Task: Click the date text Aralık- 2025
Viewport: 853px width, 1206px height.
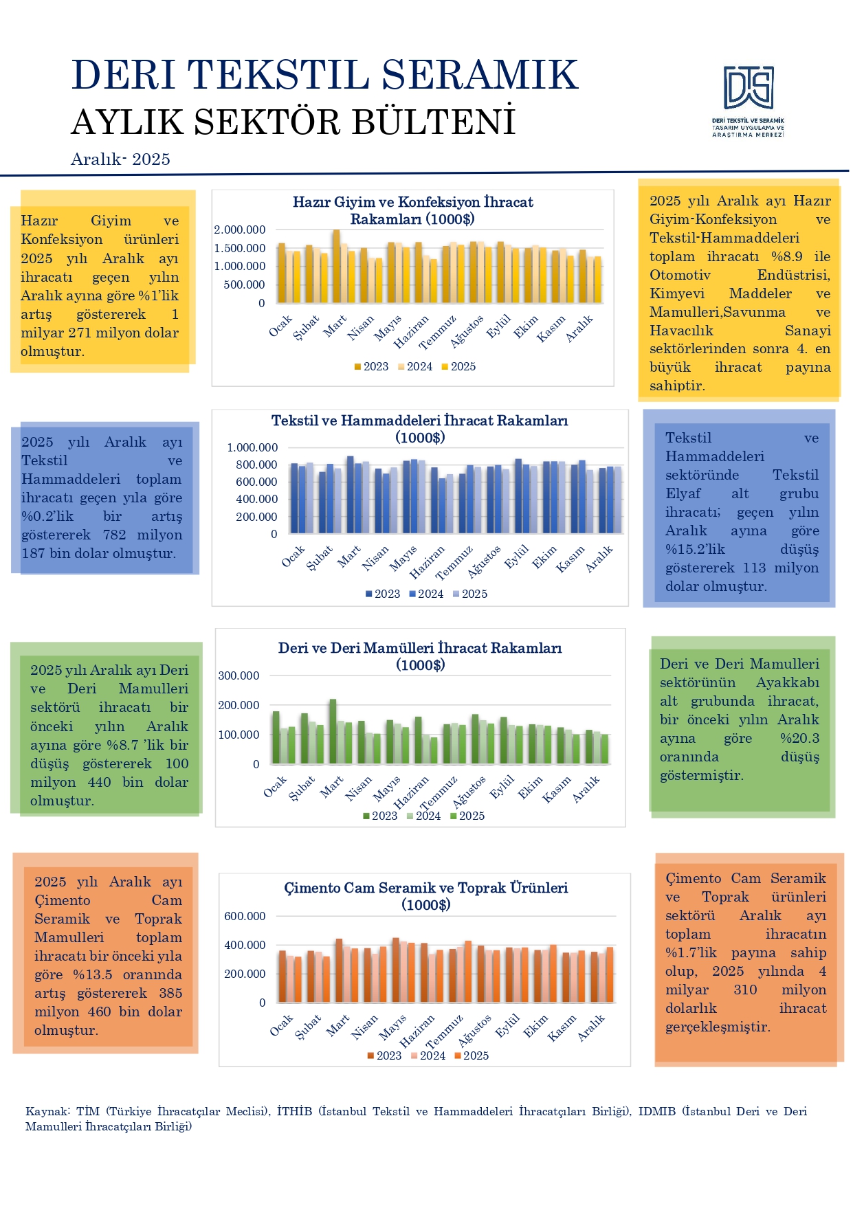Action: tap(120, 159)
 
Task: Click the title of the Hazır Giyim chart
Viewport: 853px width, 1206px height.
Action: tap(412, 210)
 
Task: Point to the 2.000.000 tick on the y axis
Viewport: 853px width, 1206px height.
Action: tap(239, 230)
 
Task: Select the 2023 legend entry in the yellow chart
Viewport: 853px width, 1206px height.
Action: tap(371, 367)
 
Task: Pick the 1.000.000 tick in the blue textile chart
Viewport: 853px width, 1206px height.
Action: tap(252, 447)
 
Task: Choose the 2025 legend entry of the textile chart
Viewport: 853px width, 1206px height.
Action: tap(470, 594)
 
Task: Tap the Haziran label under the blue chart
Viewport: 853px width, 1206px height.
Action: tap(428, 561)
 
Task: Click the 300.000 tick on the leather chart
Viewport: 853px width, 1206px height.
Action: tap(239, 675)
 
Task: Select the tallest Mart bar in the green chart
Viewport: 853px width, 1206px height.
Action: tap(333, 731)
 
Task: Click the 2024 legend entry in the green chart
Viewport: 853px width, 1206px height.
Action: tap(423, 816)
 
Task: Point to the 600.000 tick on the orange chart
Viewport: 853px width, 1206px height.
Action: tap(245, 916)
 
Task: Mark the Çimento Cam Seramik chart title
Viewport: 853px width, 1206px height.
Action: tap(426, 896)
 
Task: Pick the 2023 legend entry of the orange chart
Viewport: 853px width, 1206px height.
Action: tap(384, 1056)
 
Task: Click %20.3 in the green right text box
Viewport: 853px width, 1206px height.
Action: tap(799, 739)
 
